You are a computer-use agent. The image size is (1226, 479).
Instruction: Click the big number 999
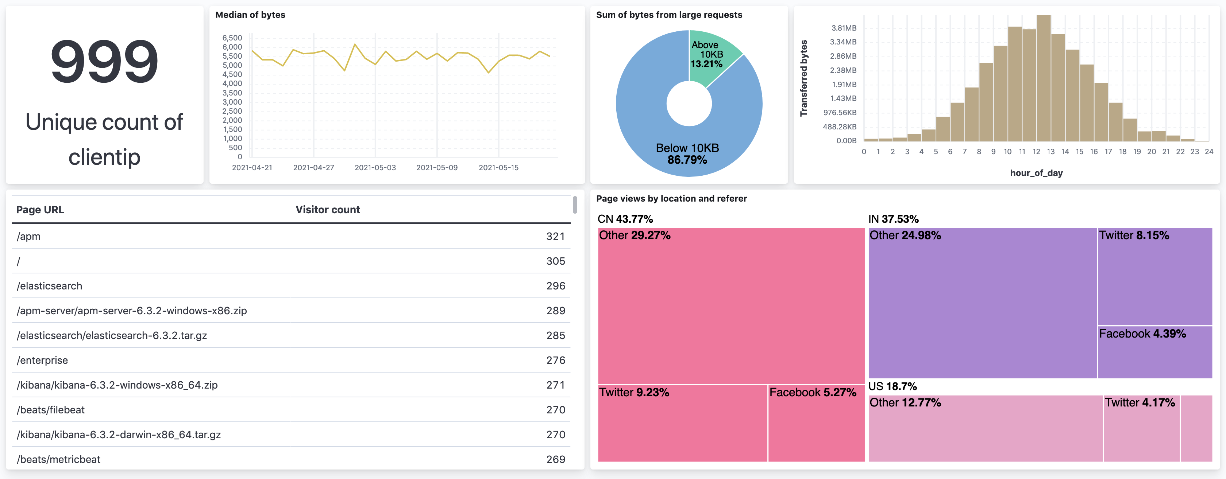point(104,61)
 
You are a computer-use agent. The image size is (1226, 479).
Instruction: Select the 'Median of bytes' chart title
point(250,15)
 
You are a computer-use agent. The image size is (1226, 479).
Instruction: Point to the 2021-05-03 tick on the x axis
point(375,167)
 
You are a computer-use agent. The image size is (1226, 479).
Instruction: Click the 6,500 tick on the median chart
point(232,38)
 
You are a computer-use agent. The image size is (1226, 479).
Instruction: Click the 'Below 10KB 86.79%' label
point(687,153)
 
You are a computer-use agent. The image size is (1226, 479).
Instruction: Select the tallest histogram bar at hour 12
point(1043,78)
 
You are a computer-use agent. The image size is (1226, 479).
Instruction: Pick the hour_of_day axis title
point(1036,173)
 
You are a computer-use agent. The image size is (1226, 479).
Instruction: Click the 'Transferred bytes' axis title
point(804,78)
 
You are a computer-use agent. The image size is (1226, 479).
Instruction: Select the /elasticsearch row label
point(50,286)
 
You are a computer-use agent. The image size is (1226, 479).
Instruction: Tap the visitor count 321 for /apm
point(555,237)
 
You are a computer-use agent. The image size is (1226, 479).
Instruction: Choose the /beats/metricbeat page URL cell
point(58,459)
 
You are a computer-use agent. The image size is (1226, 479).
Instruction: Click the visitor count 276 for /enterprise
point(555,360)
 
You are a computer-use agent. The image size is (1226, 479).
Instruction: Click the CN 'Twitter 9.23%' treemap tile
point(682,423)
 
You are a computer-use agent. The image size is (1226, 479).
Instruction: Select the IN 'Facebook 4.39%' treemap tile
point(1154,352)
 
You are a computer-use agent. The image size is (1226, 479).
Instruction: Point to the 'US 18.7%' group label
point(892,386)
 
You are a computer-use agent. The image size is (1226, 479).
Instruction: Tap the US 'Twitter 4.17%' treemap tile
point(1141,428)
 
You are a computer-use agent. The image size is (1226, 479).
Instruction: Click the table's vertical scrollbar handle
point(575,205)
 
